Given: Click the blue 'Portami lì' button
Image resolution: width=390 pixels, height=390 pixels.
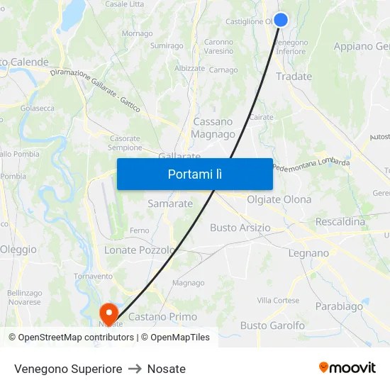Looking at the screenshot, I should click(194, 174).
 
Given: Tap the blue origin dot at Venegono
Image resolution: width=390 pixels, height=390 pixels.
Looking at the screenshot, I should click(281, 20).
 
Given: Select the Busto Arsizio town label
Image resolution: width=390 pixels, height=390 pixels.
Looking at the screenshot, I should click(240, 228).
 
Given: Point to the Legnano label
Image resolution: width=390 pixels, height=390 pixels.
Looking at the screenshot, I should click(308, 252).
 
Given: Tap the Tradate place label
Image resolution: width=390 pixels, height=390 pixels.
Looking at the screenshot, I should click(294, 77).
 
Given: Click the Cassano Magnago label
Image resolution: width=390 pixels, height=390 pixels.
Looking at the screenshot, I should click(213, 128).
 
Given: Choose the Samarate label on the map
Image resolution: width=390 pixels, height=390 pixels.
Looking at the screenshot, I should click(170, 204).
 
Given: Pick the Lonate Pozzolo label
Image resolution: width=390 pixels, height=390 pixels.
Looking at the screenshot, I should click(139, 250).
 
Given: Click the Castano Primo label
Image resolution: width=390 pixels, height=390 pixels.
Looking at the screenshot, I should click(162, 316).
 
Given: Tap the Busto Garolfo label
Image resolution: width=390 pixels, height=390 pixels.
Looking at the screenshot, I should click(272, 325).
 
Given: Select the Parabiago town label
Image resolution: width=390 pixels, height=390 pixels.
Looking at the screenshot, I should click(339, 306).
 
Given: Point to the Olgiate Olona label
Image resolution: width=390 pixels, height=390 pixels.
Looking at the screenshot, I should click(279, 199).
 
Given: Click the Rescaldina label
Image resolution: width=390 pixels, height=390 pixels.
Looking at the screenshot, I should click(340, 222).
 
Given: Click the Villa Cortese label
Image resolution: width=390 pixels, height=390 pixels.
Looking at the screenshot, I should click(278, 301).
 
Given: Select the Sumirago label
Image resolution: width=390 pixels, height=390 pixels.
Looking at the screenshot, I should click(167, 46).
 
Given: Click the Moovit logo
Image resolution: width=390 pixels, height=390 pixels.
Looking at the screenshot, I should click(347, 367).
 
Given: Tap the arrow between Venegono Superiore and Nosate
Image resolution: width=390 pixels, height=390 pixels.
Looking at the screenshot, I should click(135, 369).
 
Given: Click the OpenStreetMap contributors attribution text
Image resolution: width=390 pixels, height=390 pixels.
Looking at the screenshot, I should click(73, 338).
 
